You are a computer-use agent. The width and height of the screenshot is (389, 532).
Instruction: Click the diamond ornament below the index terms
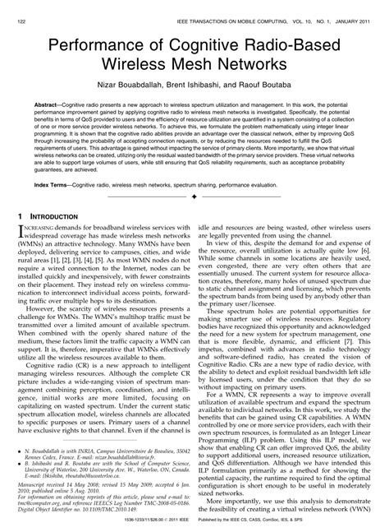(x=194, y=199)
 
